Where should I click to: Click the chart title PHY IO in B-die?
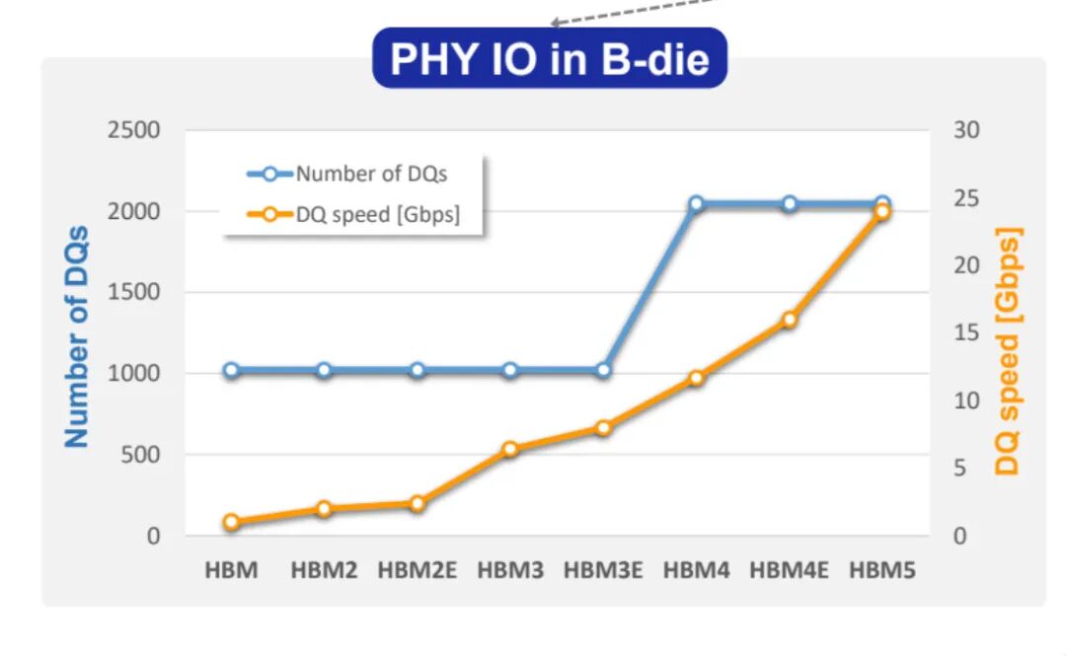550,58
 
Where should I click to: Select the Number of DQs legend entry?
346,174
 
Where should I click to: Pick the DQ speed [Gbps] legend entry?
353,215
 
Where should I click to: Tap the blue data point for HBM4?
696,204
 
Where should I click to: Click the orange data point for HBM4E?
790,320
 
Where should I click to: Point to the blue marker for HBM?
231,371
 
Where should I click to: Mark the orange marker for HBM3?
510,449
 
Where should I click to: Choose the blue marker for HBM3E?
604,371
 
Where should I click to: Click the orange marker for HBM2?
325,508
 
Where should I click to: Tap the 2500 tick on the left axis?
134,130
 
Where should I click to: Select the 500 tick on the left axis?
141,455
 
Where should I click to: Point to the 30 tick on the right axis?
966,130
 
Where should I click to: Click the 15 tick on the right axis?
966,333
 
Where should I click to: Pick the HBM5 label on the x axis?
882,569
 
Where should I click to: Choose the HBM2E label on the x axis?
418,569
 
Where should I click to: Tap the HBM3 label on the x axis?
510,569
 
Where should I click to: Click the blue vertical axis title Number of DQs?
77,336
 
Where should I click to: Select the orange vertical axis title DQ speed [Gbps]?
1008,351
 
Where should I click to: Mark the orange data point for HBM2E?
418,504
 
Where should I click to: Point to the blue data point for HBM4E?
790,204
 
